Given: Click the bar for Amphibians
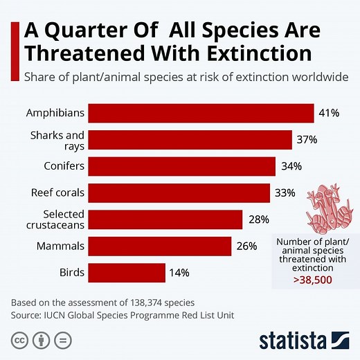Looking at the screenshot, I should point(201,113).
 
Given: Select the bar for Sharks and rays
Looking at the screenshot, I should point(190,140).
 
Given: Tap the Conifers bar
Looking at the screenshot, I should point(181,166).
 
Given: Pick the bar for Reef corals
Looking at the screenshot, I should point(179,192).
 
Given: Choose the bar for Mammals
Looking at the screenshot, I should point(159,246).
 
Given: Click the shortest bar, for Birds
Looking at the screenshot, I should point(126,272).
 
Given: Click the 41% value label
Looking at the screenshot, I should point(329,113).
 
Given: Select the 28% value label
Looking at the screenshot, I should point(258,219).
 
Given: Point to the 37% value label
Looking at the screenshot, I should point(307,140).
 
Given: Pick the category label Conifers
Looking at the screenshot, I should point(66,166).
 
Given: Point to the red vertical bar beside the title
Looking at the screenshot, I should point(14,42).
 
